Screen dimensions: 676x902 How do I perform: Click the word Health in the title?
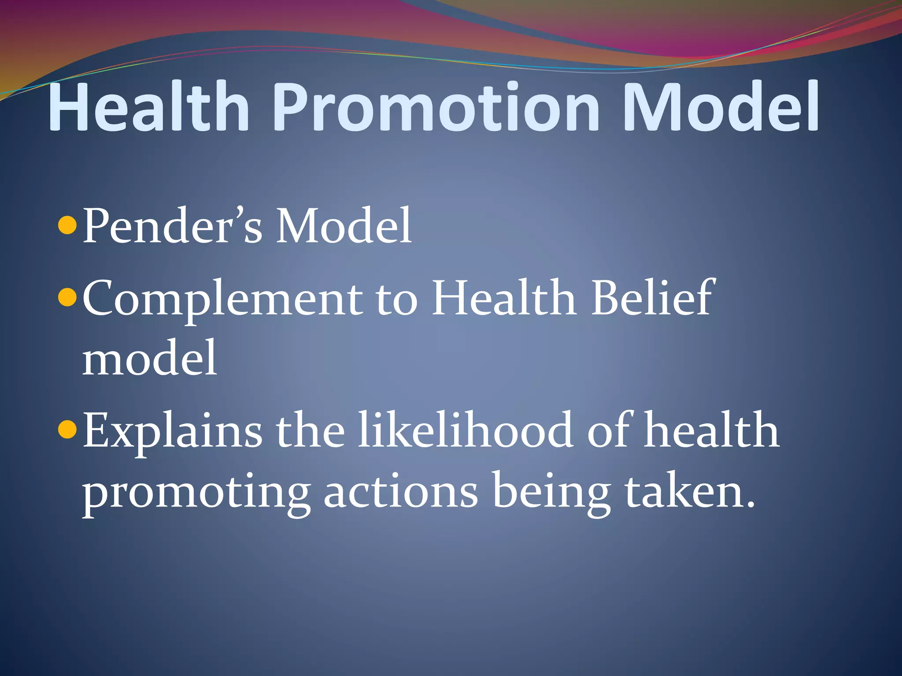coord(149,107)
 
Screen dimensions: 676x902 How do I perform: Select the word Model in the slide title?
coord(720,107)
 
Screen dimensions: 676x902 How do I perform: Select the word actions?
coord(401,491)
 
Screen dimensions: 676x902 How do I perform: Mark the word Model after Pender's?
coord(344,226)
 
